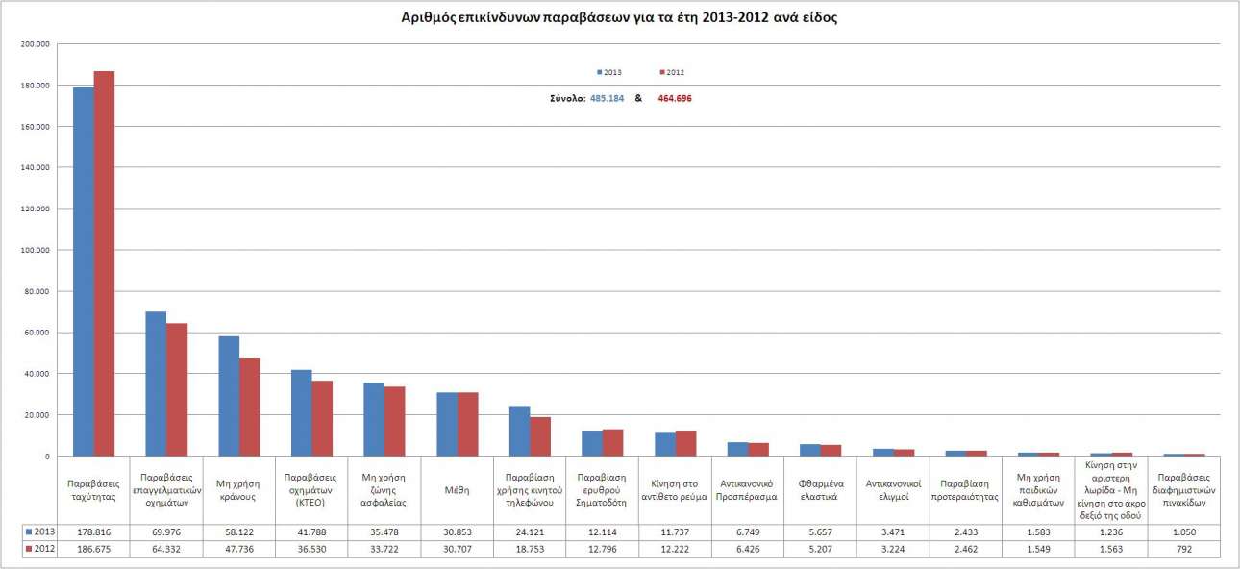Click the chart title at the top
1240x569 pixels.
tap(619, 18)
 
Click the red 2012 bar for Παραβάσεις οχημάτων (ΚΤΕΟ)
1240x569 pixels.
tap(322, 418)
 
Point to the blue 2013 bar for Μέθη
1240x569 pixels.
tap(447, 424)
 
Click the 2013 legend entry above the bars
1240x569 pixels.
tap(609, 72)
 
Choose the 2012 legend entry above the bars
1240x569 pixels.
tap(672, 72)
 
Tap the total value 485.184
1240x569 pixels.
tap(607, 98)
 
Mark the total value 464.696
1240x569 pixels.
tap(674, 98)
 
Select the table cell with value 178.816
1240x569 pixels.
tap(93, 532)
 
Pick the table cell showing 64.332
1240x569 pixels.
tap(166, 548)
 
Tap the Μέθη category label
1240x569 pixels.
tap(458, 489)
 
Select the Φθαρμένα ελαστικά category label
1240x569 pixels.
tap(821, 489)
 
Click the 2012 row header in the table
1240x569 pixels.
tap(38, 548)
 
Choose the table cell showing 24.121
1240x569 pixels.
tap(530, 532)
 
